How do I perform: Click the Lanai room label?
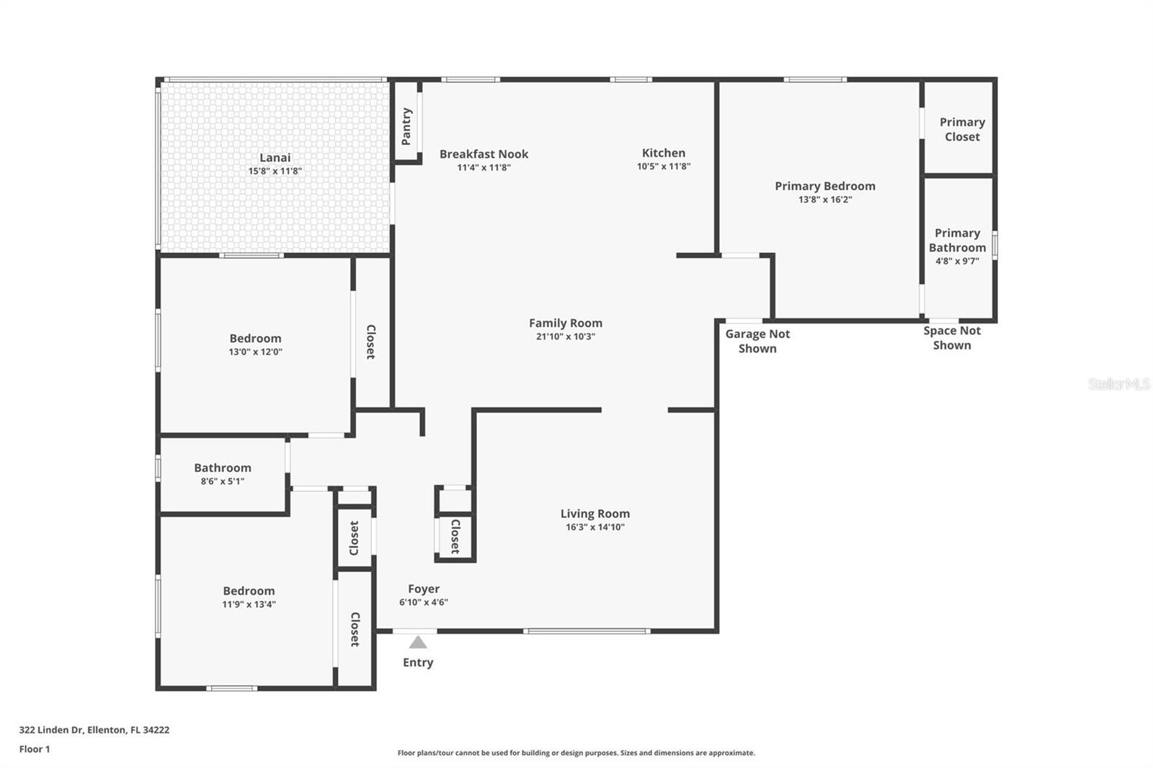pyautogui.click(x=275, y=158)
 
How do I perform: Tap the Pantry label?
pyautogui.click(x=406, y=126)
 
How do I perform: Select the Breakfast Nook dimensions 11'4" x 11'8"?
pyautogui.click(x=484, y=168)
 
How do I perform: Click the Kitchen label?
pyautogui.click(x=663, y=153)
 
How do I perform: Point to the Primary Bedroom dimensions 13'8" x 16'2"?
pyautogui.click(x=824, y=200)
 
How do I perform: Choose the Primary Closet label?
pyautogui.click(x=962, y=130)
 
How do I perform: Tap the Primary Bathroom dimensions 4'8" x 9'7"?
pyautogui.click(x=957, y=261)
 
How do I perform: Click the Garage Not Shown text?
pyautogui.click(x=757, y=341)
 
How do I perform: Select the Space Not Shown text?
pyautogui.click(x=952, y=338)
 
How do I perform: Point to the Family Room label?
pyautogui.click(x=565, y=323)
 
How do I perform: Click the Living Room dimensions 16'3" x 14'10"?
pyautogui.click(x=595, y=527)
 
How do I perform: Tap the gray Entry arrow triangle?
pyautogui.click(x=418, y=642)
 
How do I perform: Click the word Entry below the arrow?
pyautogui.click(x=418, y=663)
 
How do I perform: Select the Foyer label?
pyautogui.click(x=424, y=589)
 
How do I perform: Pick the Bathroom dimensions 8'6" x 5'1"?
pyautogui.click(x=222, y=481)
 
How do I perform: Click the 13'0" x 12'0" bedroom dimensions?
pyautogui.click(x=255, y=352)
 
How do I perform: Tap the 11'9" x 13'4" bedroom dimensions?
pyautogui.click(x=249, y=604)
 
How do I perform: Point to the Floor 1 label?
pyautogui.click(x=35, y=749)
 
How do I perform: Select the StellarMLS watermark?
pyautogui.click(x=1118, y=385)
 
